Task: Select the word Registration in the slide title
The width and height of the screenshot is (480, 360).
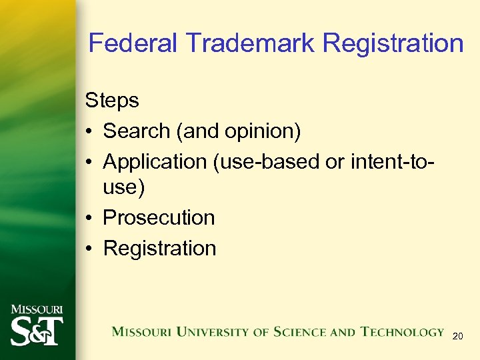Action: [393, 43]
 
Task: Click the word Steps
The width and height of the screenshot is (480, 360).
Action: [112, 101]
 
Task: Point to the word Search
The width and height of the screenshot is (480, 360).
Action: [137, 131]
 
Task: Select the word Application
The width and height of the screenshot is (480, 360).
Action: [155, 161]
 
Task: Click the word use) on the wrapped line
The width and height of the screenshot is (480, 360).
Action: [123, 187]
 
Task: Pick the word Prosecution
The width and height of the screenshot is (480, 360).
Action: [159, 218]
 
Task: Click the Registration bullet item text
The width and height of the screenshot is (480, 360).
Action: [159, 248]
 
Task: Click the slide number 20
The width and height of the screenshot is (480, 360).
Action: [457, 337]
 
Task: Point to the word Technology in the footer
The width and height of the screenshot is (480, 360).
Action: [402, 331]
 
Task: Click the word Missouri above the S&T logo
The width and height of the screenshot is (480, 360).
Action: [36, 310]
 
